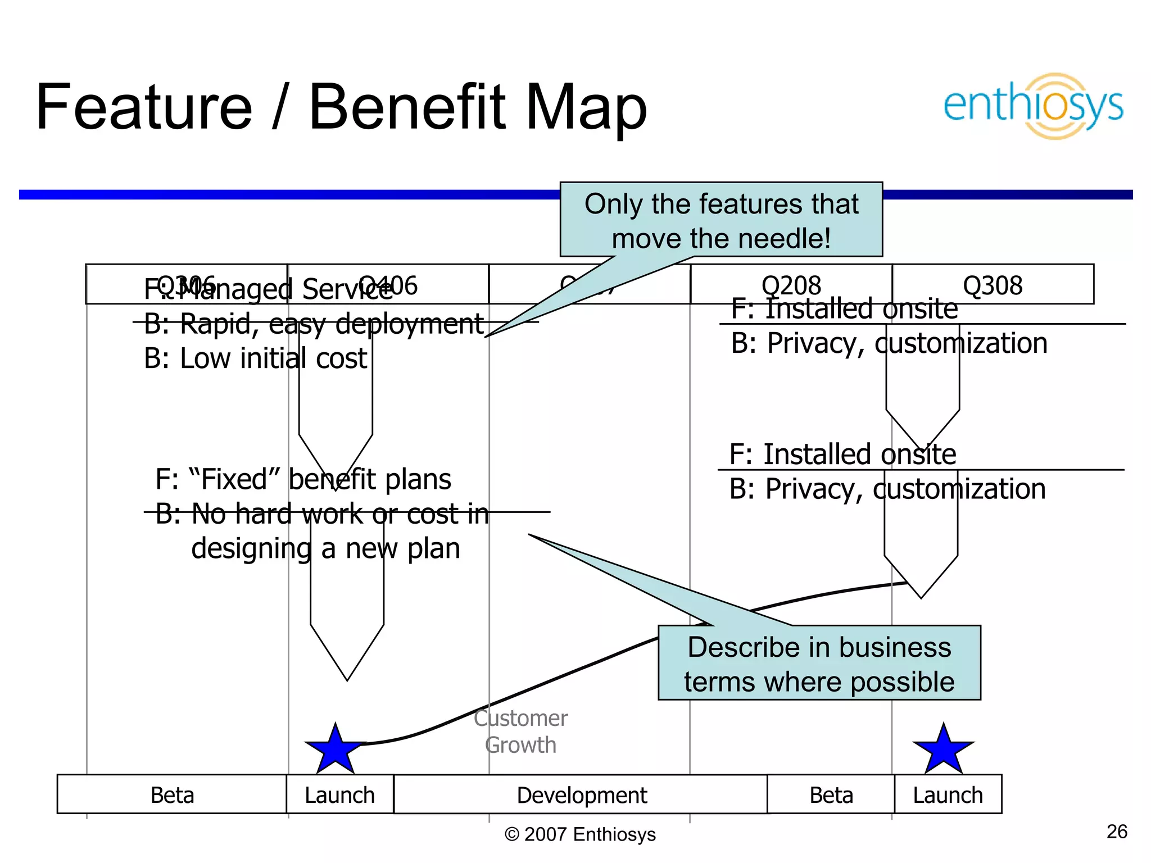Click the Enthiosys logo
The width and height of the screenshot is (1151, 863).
click(1033, 106)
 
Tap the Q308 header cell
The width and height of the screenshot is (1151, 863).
click(993, 285)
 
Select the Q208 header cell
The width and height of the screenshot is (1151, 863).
click(791, 285)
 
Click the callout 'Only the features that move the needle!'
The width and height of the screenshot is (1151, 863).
click(721, 220)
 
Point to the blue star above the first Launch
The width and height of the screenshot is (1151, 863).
click(336, 750)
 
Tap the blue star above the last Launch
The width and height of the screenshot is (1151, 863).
click(943, 750)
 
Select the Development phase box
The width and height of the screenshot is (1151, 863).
click(581, 794)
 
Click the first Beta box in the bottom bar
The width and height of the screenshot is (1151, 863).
click(172, 794)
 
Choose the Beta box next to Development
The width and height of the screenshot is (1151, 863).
click(831, 794)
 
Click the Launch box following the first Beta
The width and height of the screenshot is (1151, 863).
click(339, 794)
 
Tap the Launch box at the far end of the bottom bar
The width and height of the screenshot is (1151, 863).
click(948, 794)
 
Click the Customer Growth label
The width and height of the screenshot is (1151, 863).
click(520, 732)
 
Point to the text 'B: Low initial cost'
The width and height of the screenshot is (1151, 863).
click(255, 358)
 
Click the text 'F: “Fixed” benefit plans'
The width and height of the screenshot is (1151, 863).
click(303, 479)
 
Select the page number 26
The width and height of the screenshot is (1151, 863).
click(1117, 832)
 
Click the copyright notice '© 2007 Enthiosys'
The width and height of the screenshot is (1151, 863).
click(580, 834)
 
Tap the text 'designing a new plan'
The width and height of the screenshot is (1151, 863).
click(325, 548)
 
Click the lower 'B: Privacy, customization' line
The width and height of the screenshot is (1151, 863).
click(887, 489)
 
